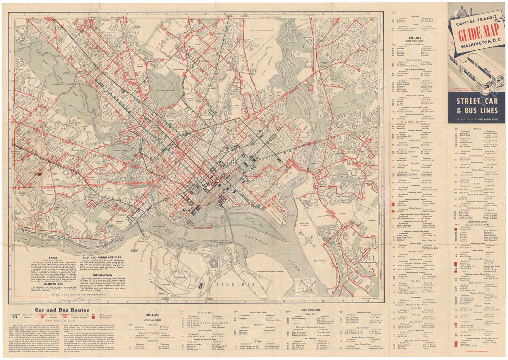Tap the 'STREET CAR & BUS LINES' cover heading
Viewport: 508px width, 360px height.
477,106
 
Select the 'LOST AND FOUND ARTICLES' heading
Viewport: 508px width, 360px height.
102,257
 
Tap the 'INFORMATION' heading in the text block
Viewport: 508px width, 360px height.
102,275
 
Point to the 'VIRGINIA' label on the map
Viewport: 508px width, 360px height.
236,284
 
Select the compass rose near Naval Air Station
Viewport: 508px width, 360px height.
309,240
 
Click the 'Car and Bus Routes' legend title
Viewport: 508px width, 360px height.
62,310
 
